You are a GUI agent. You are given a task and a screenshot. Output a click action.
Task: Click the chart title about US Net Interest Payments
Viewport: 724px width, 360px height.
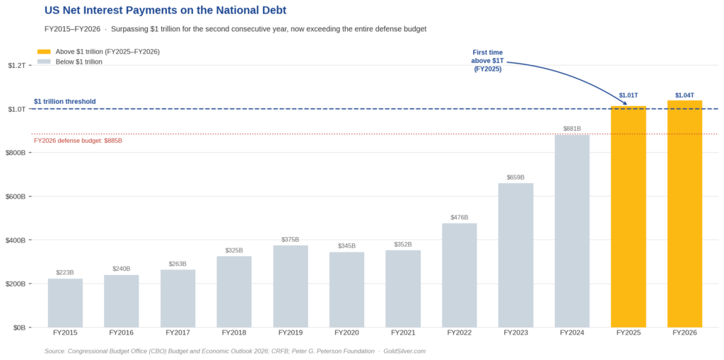[165, 11]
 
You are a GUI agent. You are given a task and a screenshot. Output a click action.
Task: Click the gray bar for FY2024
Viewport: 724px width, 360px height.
[572, 231]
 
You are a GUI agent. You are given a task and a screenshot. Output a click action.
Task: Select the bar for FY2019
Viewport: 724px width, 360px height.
[291, 286]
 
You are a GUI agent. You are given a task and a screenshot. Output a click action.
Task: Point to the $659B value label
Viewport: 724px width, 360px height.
[515, 177]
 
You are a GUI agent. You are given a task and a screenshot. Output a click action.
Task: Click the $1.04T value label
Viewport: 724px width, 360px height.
[684, 95]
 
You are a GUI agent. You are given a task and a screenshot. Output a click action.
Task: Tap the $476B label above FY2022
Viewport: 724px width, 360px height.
[460, 217]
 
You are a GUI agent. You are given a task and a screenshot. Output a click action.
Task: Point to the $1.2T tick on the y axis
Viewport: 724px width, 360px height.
[17, 65]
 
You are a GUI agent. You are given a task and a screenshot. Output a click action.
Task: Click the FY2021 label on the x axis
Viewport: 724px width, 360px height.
[403, 332]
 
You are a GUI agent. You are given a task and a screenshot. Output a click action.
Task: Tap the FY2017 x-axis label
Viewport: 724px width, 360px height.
[177, 332]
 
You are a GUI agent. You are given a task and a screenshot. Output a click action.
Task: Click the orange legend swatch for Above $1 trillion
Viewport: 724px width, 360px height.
[44, 52]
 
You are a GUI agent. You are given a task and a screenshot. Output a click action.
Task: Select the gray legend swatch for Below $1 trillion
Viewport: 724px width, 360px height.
[44, 62]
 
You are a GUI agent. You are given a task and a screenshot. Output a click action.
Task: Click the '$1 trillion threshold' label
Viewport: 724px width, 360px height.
[65, 101]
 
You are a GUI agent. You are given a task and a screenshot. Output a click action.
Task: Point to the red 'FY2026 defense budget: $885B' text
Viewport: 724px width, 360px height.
[78, 140]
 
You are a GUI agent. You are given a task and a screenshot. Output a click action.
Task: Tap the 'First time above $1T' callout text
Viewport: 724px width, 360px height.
[487, 61]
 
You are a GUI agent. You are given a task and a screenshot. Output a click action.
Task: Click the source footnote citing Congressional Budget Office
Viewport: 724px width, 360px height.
[234, 351]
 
